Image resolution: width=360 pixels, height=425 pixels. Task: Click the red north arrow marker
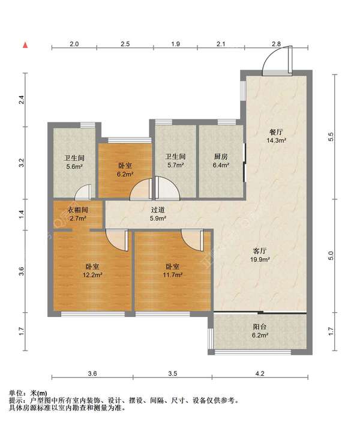pyautogui.click(x=25, y=45)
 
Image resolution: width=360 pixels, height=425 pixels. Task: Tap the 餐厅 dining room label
pyautogui.click(x=276, y=132)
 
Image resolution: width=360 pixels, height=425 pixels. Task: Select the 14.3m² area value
pyautogui.click(x=276, y=140)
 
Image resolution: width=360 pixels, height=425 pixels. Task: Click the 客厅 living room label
pyautogui.click(x=260, y=251)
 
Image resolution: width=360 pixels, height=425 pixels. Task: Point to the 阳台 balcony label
pyautogui.click(x=260, y=327)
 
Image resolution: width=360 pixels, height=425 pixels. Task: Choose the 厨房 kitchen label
pyautogui.click(x=221, y=157)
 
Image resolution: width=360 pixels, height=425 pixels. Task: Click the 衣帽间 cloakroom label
pyautogui.click(x=78, y=210)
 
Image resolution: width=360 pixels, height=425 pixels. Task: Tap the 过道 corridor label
pyautogui.click(x=158, y=210)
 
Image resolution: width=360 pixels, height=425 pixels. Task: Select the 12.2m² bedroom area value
pyautogui.click(x=92, y=275)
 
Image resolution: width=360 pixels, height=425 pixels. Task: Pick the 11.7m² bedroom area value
pyautogui.click(x=173, y=275)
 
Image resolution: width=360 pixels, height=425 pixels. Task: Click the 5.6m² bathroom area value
pyautogui.click(x=74, y=166)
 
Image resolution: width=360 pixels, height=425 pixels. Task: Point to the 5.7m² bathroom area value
pyautogui.click(x=176, y=165)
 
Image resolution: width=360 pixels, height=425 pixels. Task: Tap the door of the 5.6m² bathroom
pyautogui.click(x=83, y=191)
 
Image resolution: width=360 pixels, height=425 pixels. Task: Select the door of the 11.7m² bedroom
pyautogui.click(x=193, y=240)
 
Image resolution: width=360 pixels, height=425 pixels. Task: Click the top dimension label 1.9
pyautogui.click(x=176, y=44)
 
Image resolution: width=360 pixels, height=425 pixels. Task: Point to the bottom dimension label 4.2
pyautogui.click(x=260, y=373)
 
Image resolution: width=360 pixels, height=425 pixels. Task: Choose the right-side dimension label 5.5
pyautogui.click(x=331, y=137)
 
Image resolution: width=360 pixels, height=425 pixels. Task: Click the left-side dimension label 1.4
pyautogui.click(x=22, y=215)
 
